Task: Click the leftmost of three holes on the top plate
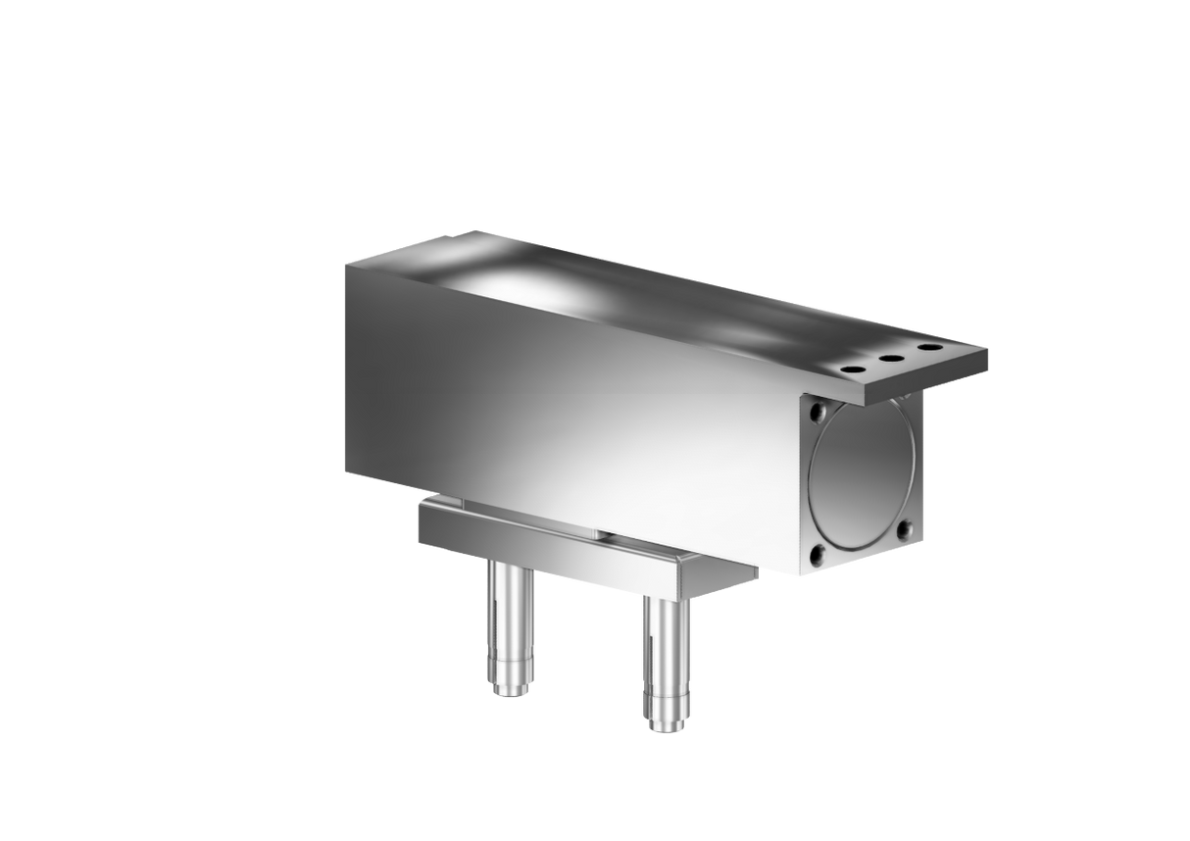[x=851, y=370]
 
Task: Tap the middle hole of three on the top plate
[x=890, y=359]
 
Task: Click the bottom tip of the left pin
[x=508, y=692]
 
